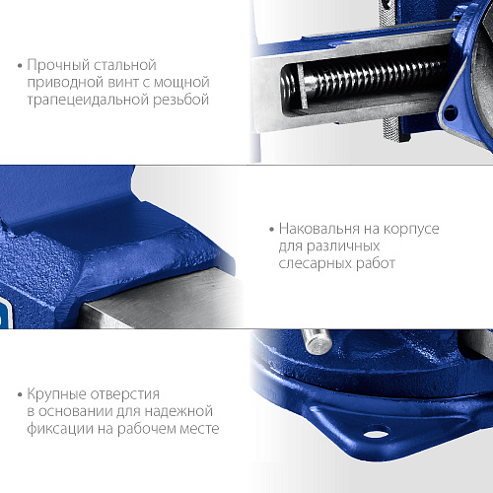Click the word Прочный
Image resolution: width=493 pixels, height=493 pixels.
(x=57, y=65)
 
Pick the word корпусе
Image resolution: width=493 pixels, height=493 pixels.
(x=411, y=230)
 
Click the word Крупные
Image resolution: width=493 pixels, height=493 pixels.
(x=56, y=394)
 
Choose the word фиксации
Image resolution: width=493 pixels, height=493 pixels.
(x=60, y=429)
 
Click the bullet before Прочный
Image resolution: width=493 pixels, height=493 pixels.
(x=20, y=66)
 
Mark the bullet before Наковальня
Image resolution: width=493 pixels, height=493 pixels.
(x=271, y=229)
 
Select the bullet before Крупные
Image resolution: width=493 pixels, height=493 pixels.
(x=20, y=394)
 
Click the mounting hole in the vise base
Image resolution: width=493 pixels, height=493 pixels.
(x=377, y=433)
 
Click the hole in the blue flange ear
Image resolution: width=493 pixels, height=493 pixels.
(x=451, y=112)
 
